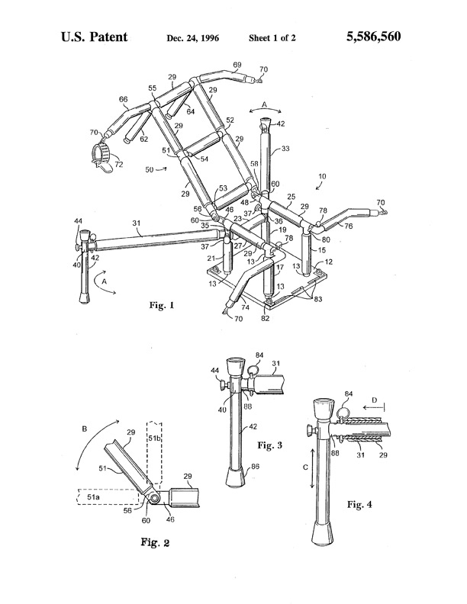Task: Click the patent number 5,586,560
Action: pos(373,37)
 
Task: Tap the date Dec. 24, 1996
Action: pos(192,38)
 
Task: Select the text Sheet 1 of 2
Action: pos(272,38)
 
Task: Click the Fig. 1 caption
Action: pos(162,306)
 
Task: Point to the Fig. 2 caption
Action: pos(155,543)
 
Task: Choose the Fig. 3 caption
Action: pos(269,445)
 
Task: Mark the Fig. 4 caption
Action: pos(359,504)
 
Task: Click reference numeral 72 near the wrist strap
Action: pos(119,165)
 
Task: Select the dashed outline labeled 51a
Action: pos(108,496)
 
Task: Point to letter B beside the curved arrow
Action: pos(85,428)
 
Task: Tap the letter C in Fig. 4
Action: pos(305,467)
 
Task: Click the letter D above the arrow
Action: pos(374,400)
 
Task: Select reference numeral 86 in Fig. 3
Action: pos(255,467)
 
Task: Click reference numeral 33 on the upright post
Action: pos(285,148)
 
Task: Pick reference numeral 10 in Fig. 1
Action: pos(322,176)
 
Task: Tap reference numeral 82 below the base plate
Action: pos(265,318)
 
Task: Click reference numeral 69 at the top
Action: pos(238,65)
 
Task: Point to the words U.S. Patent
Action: pos(95,37)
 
